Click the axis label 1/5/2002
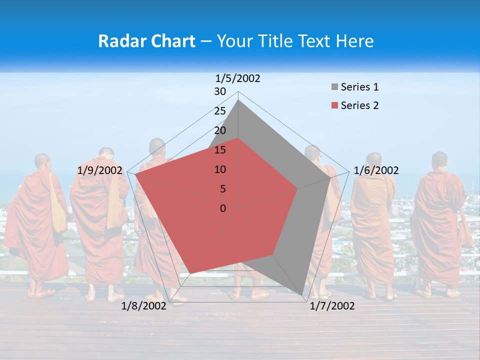coord(238,78)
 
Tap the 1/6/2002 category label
coord(376,170)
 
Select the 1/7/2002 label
coord(332,306)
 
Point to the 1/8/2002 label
coord(143,306)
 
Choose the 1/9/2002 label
coord(100,170)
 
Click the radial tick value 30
coord(220,91)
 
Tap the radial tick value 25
coord(220,111)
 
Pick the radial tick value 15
coord(220,150)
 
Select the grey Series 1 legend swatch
coord(334,87)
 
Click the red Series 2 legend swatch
coord(334,105)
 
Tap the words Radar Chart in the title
coord(146,41)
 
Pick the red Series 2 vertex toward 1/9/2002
coord(135,174)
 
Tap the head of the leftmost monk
coord(42,162)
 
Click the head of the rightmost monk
coord(439,160)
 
